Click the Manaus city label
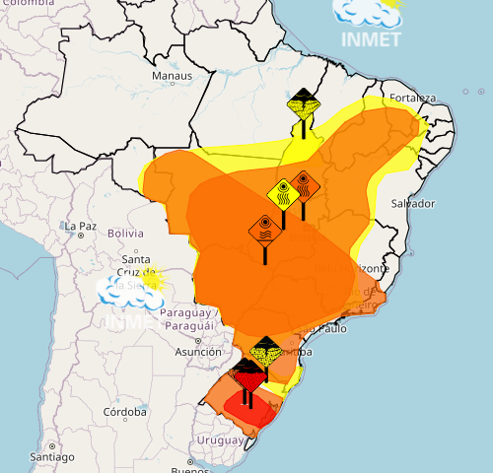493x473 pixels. pyautogui.click(x=172, y=76)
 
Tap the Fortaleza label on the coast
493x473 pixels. pyautogui.click(x=412, y=98)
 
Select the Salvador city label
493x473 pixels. pyautogui.click(x=412, y=203)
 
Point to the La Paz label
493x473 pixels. pyautogui.click(x=80, y=226)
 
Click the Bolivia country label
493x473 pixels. pyautogui.click(x=125, y=234)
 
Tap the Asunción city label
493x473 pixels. pyautogui.click(x=197, y=352)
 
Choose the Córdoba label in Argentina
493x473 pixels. pyautogui.click(x=124, y=412)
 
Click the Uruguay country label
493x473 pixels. pyautogui.click(x=218, y=439)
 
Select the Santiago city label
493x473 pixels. pyautogui.click(x=51, y=457)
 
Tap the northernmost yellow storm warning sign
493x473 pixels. pyautogui.click(x=302, y=102)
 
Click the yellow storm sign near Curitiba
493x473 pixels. pyautogui.click(x=266, y=350)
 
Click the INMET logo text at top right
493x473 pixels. pyautogui.click(x=370, y=39)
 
